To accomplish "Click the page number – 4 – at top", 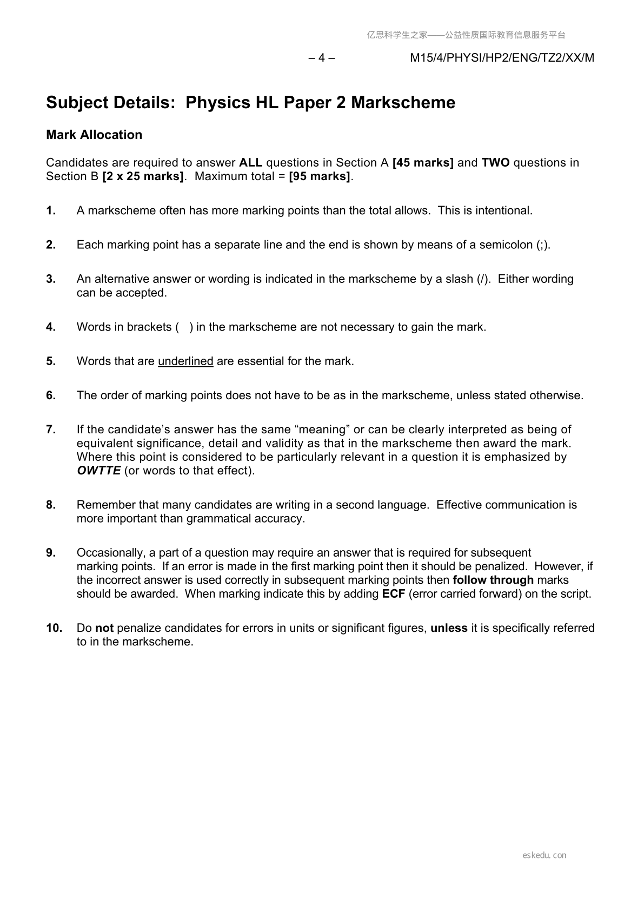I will pos(322,58).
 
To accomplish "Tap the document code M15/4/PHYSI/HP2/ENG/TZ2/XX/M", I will pos(502,58).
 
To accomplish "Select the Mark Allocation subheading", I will pos(94,135).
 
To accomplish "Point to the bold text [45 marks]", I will pos(423,163).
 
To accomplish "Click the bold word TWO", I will pos(495,163).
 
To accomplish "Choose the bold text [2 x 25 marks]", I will pos(143,176).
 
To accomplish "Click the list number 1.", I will pos(51,210).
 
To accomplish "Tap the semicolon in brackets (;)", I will pos(543,245).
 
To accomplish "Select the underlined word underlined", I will pos(185,361).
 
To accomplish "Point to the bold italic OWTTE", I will pos(98,471).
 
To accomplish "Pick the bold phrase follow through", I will pos(493,580).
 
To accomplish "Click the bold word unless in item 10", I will pos(449,628).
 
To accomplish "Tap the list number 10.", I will pos(54,628).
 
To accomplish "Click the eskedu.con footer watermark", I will pos(545,855).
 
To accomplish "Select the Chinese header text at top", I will pos(466,35).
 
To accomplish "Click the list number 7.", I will pos(51,430).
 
